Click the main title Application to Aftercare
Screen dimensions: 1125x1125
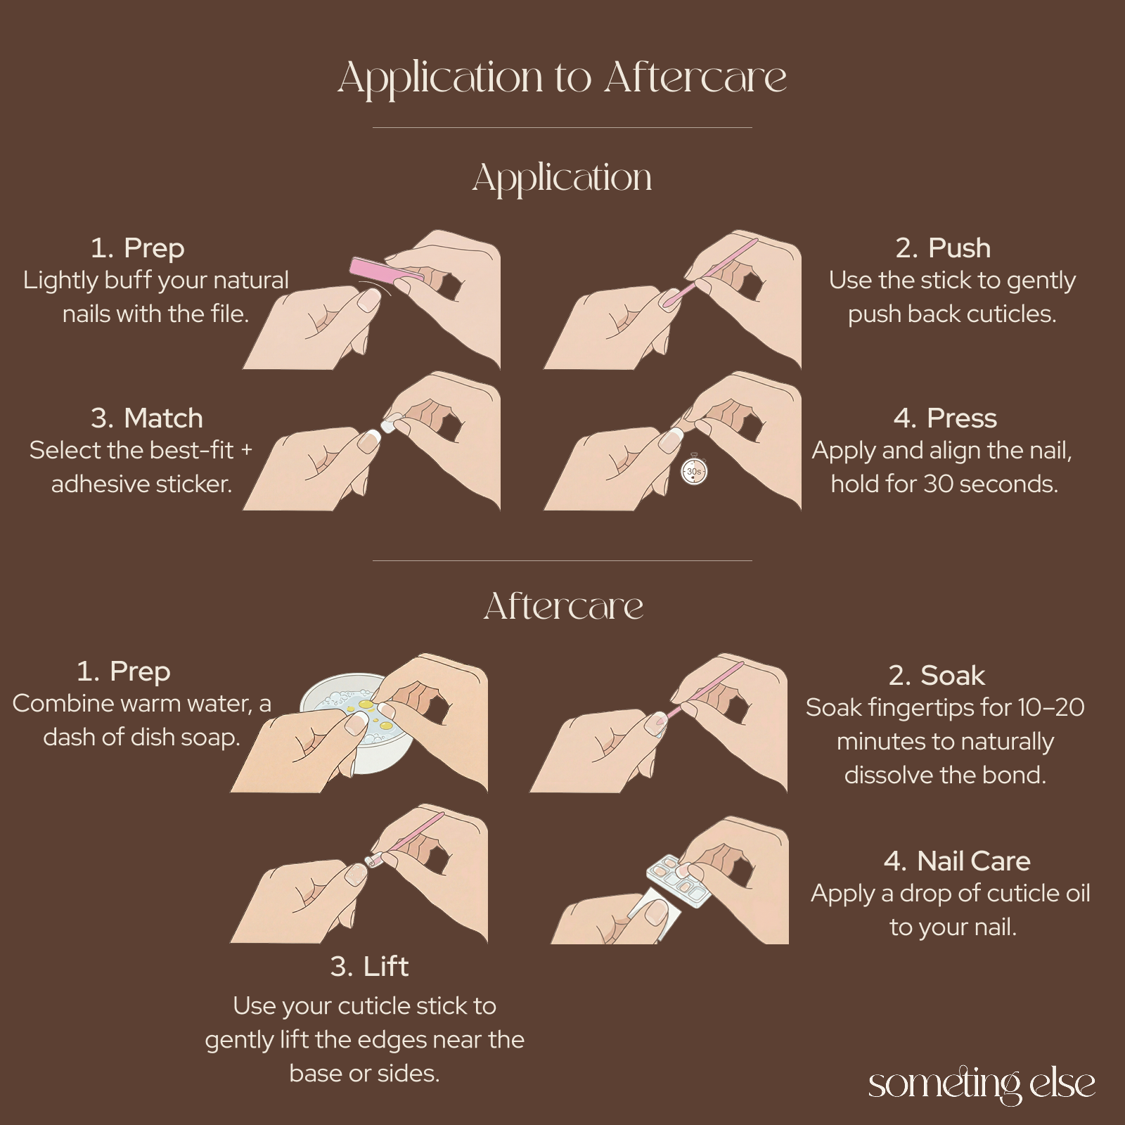562,77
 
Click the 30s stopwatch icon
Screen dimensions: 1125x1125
694,471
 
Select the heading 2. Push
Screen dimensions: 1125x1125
943,248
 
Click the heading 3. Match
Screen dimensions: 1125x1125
147,418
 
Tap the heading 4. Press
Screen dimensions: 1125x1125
945,418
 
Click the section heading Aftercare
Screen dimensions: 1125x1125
563,606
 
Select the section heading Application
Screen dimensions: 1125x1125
562,177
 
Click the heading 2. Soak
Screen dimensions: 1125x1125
937,675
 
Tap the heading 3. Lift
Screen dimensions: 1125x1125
369,966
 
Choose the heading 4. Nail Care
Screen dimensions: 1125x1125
957,861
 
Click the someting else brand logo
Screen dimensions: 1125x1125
982,1084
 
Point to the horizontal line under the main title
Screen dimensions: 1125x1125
562,128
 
